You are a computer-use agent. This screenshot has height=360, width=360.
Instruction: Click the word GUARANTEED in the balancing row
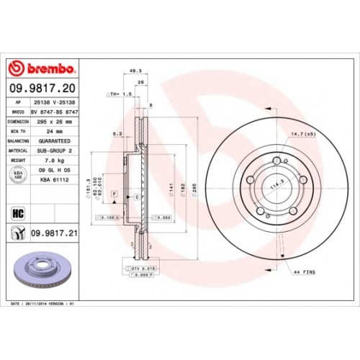point(56,141)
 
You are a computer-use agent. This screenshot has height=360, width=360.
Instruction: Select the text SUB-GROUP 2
point(56,150)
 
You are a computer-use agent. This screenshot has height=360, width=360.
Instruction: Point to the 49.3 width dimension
point(134,71)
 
